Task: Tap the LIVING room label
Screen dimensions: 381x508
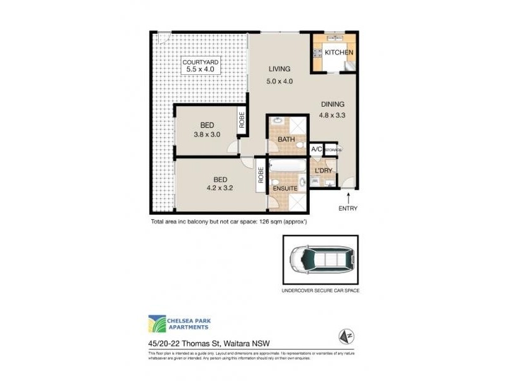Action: click(279, 69)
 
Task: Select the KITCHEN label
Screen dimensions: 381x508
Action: click(339, 53)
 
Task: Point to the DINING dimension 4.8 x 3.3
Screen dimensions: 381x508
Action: click(332, 116)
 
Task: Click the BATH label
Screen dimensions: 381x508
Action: click(286, 139)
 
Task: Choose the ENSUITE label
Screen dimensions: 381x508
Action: click(285, 188)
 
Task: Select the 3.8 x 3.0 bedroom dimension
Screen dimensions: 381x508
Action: click(207, 135)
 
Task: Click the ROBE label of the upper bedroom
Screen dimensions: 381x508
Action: click(242, 121)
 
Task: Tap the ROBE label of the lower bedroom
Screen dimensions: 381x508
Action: click(261, 175)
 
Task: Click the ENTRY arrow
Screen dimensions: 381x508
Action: click(348, 199)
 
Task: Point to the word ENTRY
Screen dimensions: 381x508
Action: click(348, 208)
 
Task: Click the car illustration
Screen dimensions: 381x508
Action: click(319, 260)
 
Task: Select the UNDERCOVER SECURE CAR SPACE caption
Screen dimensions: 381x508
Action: click(320, 290)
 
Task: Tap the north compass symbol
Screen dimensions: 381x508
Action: click(346, 336)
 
